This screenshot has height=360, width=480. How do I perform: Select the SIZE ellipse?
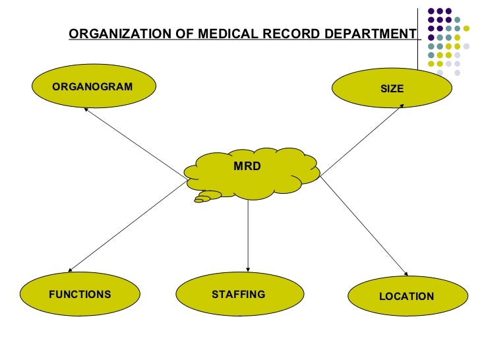[392, 88]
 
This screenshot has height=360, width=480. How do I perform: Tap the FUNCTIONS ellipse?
[80, 294]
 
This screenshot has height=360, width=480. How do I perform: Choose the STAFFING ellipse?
[239, 294]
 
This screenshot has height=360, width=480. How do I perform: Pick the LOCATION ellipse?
[406, 297]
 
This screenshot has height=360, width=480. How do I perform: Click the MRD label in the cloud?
[247, 166]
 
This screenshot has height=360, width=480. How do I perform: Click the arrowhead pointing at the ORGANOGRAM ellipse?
[86, 109]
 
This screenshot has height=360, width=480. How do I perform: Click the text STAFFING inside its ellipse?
[239, 294]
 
